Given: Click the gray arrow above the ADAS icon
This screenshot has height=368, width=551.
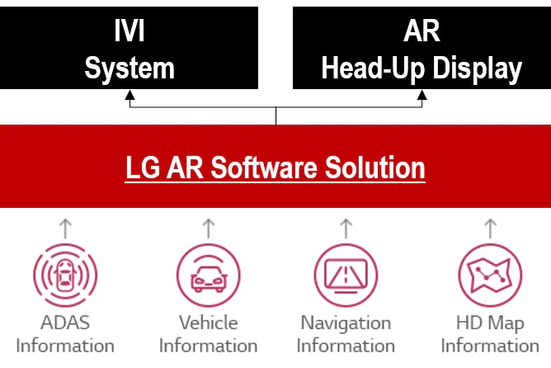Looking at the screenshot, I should click(64, 226).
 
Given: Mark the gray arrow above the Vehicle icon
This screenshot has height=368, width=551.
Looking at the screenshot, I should click(208, 226).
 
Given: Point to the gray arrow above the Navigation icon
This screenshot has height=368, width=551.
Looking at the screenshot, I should click(346, 226).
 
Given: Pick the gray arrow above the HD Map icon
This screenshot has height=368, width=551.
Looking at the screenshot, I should click(489, 226).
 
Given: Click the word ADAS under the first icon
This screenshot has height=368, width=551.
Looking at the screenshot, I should click(64, 323).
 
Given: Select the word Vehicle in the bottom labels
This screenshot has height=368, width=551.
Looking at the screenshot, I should click(208, 323).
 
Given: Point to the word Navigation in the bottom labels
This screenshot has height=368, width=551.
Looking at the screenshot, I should click(346, 323).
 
